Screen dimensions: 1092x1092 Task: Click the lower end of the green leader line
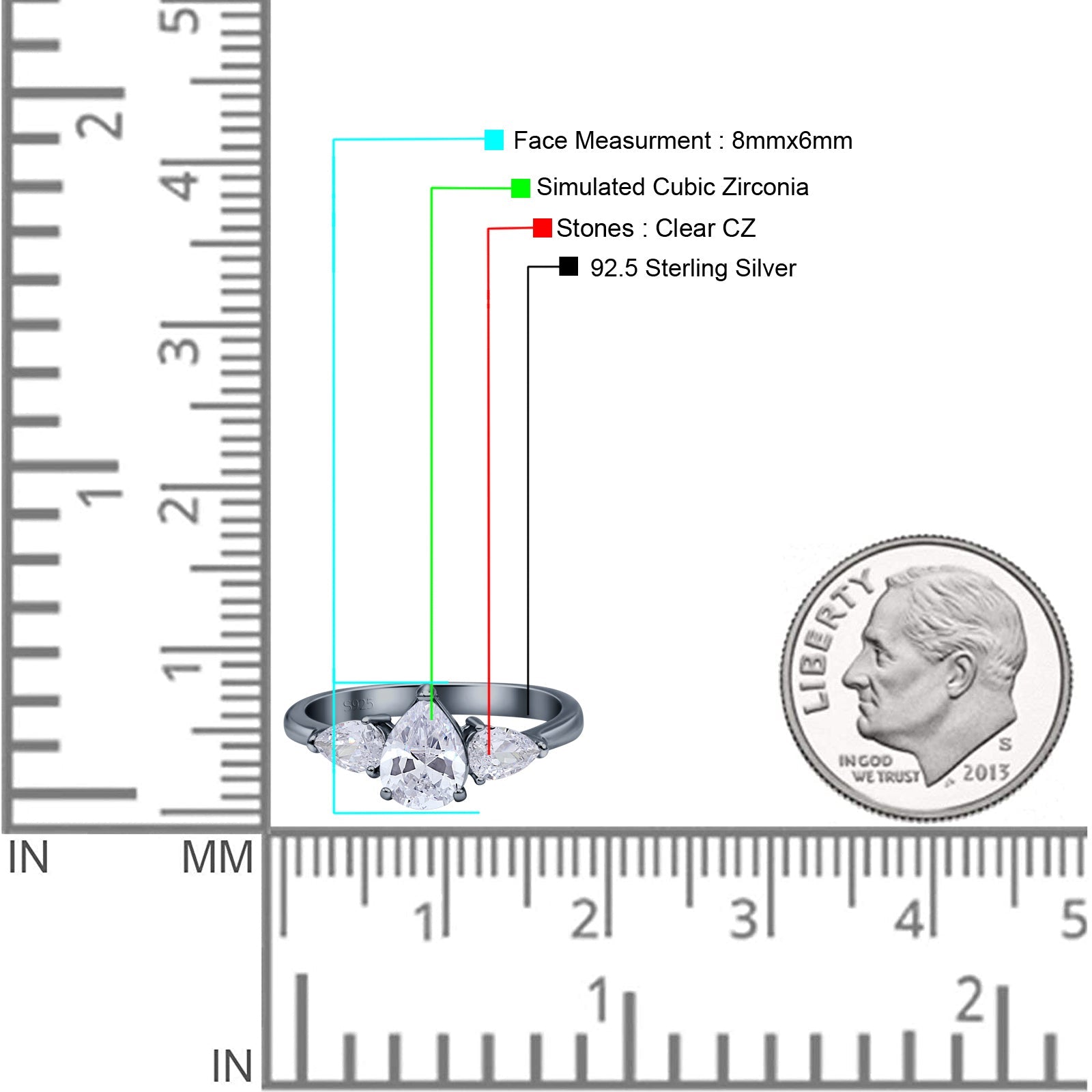tap(431, 719)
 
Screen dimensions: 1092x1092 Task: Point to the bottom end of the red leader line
tap(489, 753)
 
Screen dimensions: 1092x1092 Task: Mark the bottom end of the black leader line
tap(528, 715)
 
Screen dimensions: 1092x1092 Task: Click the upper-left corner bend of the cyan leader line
tap(334, 140)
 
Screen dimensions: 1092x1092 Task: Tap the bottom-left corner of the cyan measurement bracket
tap(334, 813)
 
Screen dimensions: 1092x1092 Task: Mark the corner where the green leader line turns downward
tap(431, 188)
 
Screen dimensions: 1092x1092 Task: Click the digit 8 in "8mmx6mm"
tap(738, 141)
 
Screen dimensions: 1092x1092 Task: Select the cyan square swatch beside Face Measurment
tap(494, 140)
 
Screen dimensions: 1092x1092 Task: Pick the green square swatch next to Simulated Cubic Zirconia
tap(521, 188)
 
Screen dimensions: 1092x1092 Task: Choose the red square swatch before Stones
tap(543, 228)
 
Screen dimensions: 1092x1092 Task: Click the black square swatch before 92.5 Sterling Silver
tap(569, 266)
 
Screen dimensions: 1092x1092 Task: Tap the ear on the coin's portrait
tap(960, 672)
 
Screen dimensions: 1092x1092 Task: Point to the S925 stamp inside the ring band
tap(359, 704)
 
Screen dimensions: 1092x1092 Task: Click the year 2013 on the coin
tap(986, 772)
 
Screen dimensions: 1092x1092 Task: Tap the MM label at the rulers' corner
tap(217, 857)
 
